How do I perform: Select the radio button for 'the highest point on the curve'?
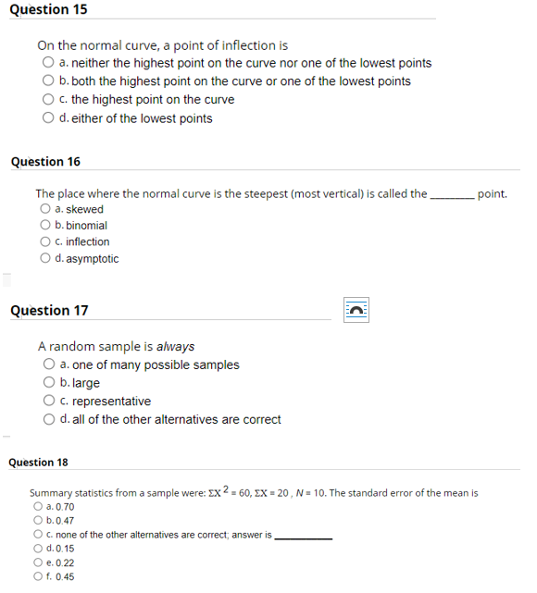(x=47, y=100)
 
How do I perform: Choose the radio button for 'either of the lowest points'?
(x=47, y=118)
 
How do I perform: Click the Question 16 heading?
(x=45, y=162)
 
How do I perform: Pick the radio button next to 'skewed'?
(x=45, y=210)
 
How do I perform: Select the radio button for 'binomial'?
(x=45, y=226)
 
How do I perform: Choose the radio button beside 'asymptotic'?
(x=45, y=259)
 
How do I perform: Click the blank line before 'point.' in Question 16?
(x=453, y=195)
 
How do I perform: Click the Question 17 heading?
(x=49, y=311)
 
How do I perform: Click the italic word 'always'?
(x=175, y=347)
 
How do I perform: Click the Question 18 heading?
(x=38, y=462)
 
